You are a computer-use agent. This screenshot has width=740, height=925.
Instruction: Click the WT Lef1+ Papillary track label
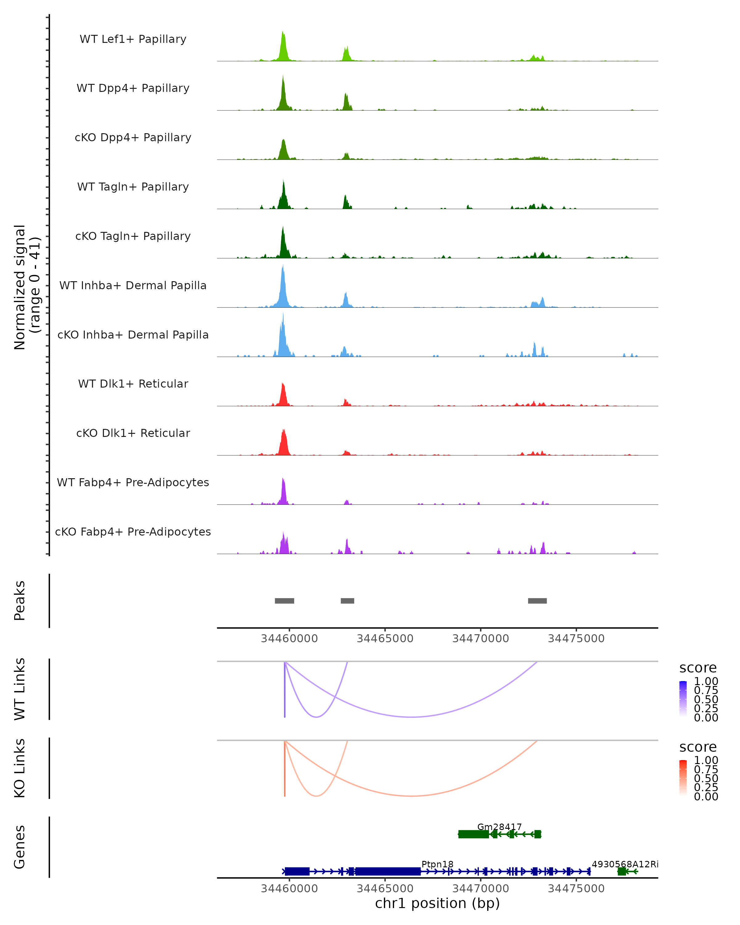point(133,39)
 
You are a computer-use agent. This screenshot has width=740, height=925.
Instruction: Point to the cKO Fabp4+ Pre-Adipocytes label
point(133,532)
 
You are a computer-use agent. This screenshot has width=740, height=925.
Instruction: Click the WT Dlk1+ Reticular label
point(133,384)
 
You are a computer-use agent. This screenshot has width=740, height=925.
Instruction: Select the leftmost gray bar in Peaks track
point(284,601)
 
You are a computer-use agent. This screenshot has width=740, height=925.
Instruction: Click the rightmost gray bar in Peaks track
point(537,601)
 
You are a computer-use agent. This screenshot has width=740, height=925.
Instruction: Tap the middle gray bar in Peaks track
point(347,601)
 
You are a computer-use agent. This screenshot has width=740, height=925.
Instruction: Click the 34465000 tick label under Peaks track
point(385,639)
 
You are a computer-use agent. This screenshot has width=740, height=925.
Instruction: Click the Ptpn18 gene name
point(437,864)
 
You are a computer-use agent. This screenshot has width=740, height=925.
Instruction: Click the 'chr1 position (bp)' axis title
point(437,903)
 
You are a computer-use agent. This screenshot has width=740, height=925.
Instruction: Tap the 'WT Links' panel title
point(20,689)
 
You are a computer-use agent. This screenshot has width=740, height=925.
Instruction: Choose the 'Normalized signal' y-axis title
point(20,287)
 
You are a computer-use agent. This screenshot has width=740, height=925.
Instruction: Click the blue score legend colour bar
point(683,698)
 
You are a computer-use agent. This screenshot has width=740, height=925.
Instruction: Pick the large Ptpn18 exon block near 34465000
point(388,871)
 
